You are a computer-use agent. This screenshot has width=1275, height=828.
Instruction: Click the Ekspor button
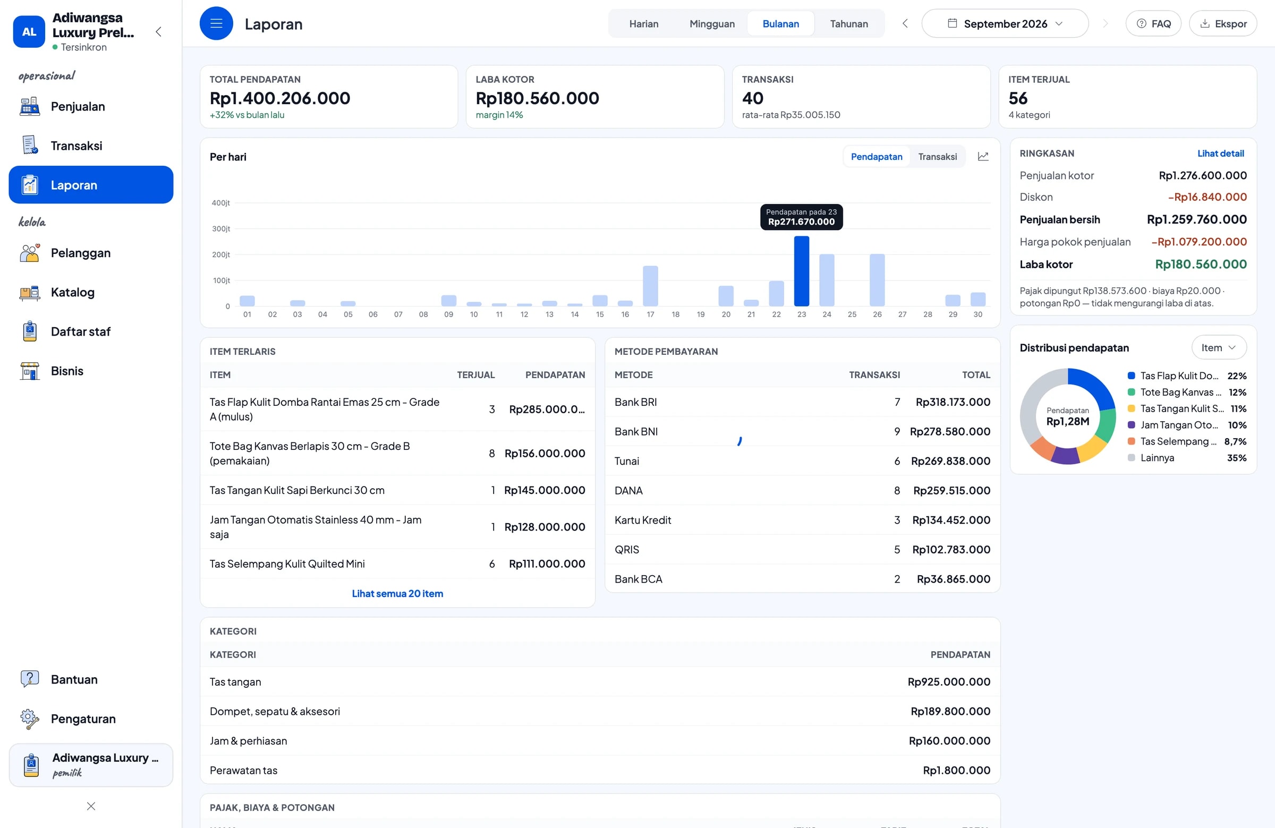[x=1222, y=23]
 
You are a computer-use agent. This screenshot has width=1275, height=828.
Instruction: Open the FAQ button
[x=1153, y=23]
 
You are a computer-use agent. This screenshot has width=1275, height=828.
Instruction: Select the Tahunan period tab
[x=848, y=23]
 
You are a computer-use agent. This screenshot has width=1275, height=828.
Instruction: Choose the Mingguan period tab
[x=712, y=23]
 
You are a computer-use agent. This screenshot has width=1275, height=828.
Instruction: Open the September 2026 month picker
[x=1005, y=23]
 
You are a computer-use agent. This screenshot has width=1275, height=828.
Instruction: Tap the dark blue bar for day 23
[x=802, y=271]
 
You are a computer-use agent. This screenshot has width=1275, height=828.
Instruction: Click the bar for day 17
[x=650, y=286]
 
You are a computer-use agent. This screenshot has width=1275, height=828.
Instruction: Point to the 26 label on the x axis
[x=877, y=314]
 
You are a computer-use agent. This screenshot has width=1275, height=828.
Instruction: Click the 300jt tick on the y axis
[x=220, y=229]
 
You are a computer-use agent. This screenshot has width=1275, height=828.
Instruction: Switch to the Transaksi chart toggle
[x=937, y=157]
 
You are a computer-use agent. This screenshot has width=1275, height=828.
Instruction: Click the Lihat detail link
[x=1220, y=153]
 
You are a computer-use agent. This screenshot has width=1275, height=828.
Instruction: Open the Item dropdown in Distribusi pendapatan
[x=1219, y=348]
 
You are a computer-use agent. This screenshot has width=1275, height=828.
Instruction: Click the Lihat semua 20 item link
[x=397, y=593]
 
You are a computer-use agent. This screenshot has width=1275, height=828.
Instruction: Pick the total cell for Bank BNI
[x=950, y=432]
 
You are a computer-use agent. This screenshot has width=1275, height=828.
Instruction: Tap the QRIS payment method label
[x=627, y=550]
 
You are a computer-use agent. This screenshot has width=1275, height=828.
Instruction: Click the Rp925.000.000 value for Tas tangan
[x=949, y=682]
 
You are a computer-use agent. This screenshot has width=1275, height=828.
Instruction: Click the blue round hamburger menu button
[x=216, y=23]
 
